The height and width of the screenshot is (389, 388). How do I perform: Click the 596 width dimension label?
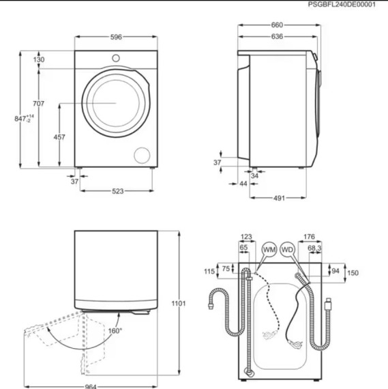pyautogui.click(x=116, y=38)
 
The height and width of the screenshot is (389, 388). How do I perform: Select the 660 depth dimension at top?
pyautogui.click(x=277, y=25)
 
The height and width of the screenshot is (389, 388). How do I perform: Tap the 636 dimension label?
pyautogui.click(x=277, y=36)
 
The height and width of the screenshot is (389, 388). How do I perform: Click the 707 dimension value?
pyautogui.click(x=38, y=104)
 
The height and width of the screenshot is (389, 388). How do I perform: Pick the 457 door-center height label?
pyautogui.click(x=59, y=137)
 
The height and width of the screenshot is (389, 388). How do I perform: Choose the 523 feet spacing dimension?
pyautogui.click(x=117, y=191)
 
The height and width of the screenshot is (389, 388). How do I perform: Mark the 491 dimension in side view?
pyautogui.click(x=279, y=198)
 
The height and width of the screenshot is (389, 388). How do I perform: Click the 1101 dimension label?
pyautogui.click(x=179, y=303)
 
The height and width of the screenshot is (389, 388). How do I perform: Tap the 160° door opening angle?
pyautogui.click(x=115, y=331)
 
